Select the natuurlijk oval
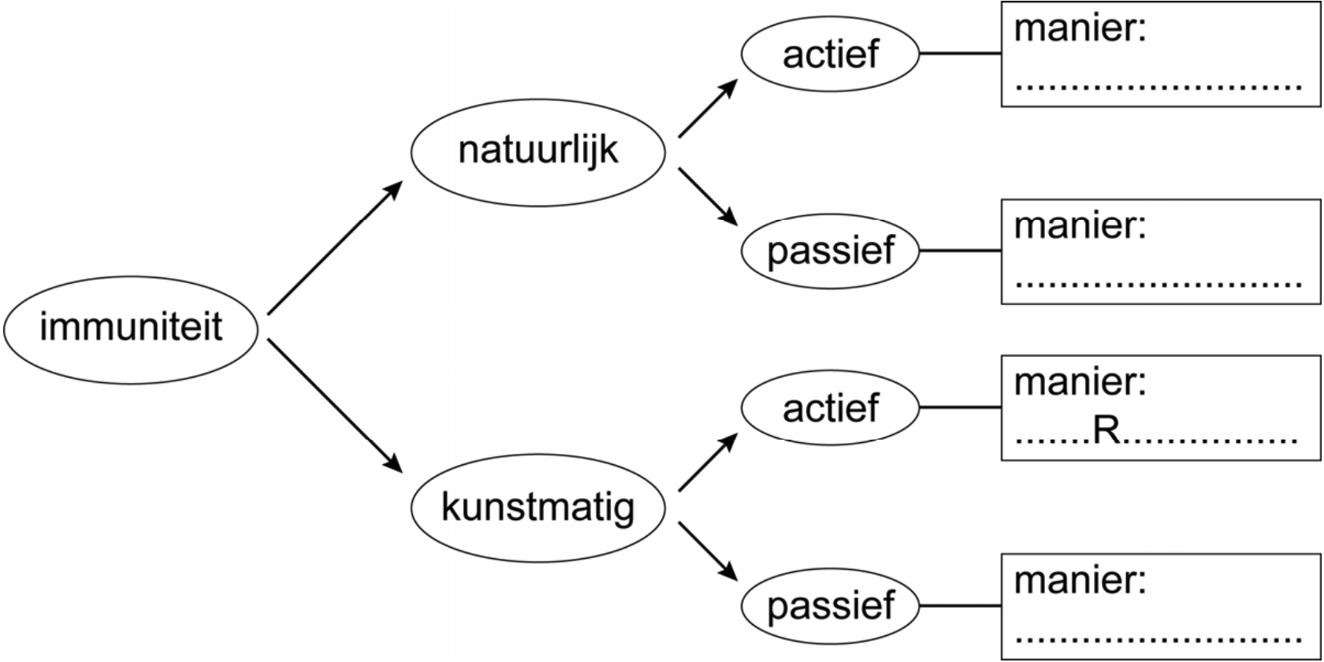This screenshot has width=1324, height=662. pyautogui.click(x=538, y=151)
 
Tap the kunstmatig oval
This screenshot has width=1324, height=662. pyautogui.click(x=538, y=506)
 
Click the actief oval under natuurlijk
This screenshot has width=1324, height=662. pyautogui.click(x=831, y=54)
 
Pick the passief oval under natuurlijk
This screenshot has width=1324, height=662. pyautogui.click(x=831, y=251)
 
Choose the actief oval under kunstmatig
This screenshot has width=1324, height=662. pyautogui.click(x=831, y=408)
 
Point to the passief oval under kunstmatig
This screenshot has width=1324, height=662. pyautogui.click(x=831, y=606)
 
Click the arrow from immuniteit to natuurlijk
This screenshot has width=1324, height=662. pyautogui.click(x=335, y=248)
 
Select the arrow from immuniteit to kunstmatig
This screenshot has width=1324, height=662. pyautogui.click(x=335, y=407)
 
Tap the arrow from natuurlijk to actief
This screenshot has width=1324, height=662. pyautogui.click(x=707, y=109)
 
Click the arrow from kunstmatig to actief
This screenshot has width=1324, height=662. pyautogui.click(x=707, y=463)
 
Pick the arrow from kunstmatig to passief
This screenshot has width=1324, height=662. pyautogui.click(x=707, y=549)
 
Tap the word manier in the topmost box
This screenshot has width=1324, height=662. pyautogui.click(x=1080, y=30)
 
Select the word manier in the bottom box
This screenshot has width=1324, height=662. pyautogui.click(x=1080, y=581)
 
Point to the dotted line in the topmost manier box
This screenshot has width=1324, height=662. pyautogui.click(x=1158, y=87)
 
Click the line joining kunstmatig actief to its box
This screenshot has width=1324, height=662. pyautogui.click(x=960, y=408)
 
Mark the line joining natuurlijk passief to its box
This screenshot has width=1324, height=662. pyautogui.click(x=960, y=251)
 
